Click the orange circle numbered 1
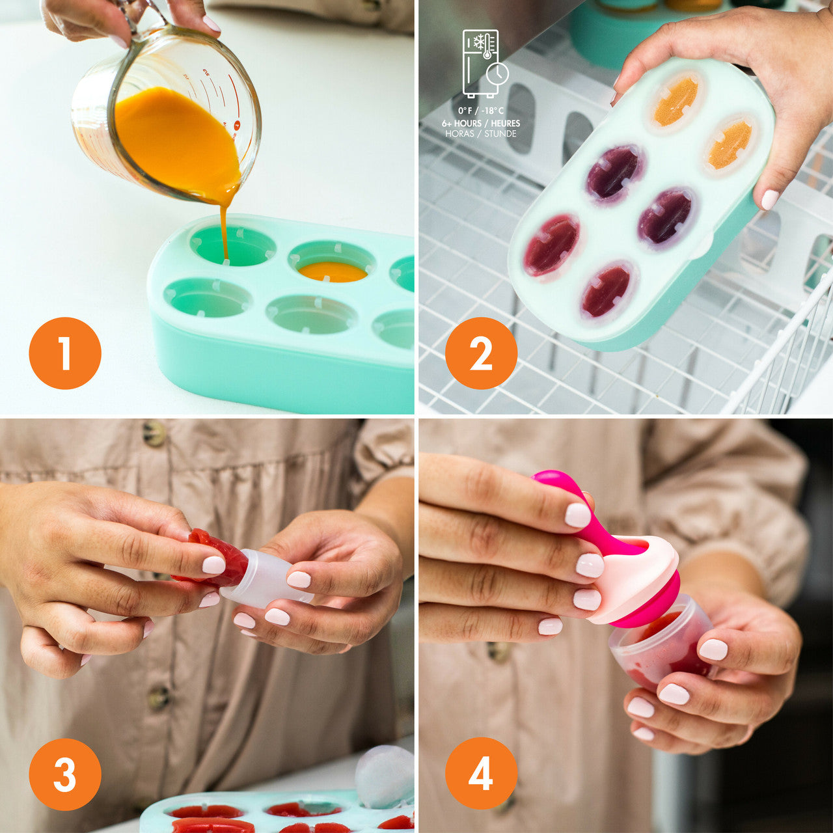click(x=65, y=353)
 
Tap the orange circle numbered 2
click(x=481, y=353)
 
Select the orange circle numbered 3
click(x=65, y=774)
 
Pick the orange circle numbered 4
click(x=481, y=774)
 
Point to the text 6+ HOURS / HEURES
click(x=481, y=123)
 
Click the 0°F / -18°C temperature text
click(x=481, y=111)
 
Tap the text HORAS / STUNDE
click(x=481, y=134)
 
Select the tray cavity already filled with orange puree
click(x=333, y=271)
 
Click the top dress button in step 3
click(x=154, y=433)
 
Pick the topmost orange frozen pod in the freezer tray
click(x=676, y=102)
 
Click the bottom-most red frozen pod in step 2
click(x=606, y=290)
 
